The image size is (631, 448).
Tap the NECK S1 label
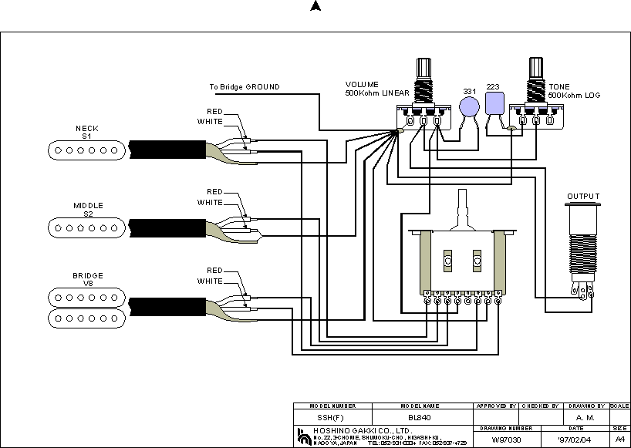pos(86,132)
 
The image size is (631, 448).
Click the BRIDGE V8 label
pos(86,279)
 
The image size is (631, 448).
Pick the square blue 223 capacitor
pos(494,103)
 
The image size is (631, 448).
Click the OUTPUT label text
pos(583,197)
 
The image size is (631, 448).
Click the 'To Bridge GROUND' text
pos(245,87)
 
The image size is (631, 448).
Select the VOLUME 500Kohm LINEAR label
pos(376,89)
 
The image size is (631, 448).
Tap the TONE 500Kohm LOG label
pos(574,90)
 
